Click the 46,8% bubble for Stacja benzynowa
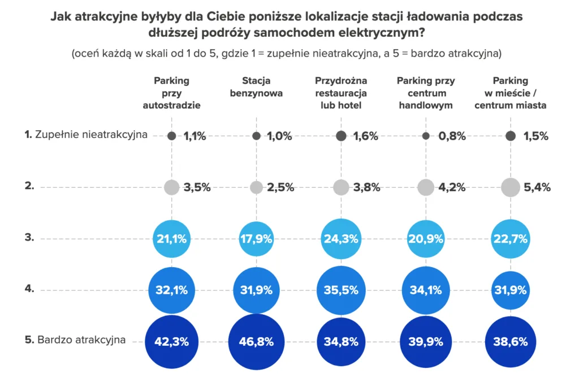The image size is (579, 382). click(x=256, y=341)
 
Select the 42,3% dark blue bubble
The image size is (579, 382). click(x=171, y=341)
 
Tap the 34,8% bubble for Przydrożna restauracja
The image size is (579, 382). click(x=341, y=341)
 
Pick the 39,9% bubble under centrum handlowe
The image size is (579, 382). click(x=426, y=341)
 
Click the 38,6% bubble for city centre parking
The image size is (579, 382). click(x=510, y=341)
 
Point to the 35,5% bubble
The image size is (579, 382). click(x=341, y=290)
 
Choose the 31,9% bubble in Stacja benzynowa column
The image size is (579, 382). click(x=256, y=290)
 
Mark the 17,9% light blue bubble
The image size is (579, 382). click(x=256, y=239)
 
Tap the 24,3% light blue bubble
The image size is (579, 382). click(x=341, y=239)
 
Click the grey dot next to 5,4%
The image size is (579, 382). click(x=510, y=187)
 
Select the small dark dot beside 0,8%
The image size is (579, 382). click(x=426, y=136)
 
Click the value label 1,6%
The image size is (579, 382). click(x=365, y=136)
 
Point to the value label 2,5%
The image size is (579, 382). click(x=280, y=187)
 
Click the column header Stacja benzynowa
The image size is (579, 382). click(x=256, y=87)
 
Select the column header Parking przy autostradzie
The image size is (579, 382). click(x=171, y=93)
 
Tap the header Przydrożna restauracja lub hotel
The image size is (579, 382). click(x=341, y=93)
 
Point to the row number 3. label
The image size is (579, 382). click(x=29, y=238)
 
